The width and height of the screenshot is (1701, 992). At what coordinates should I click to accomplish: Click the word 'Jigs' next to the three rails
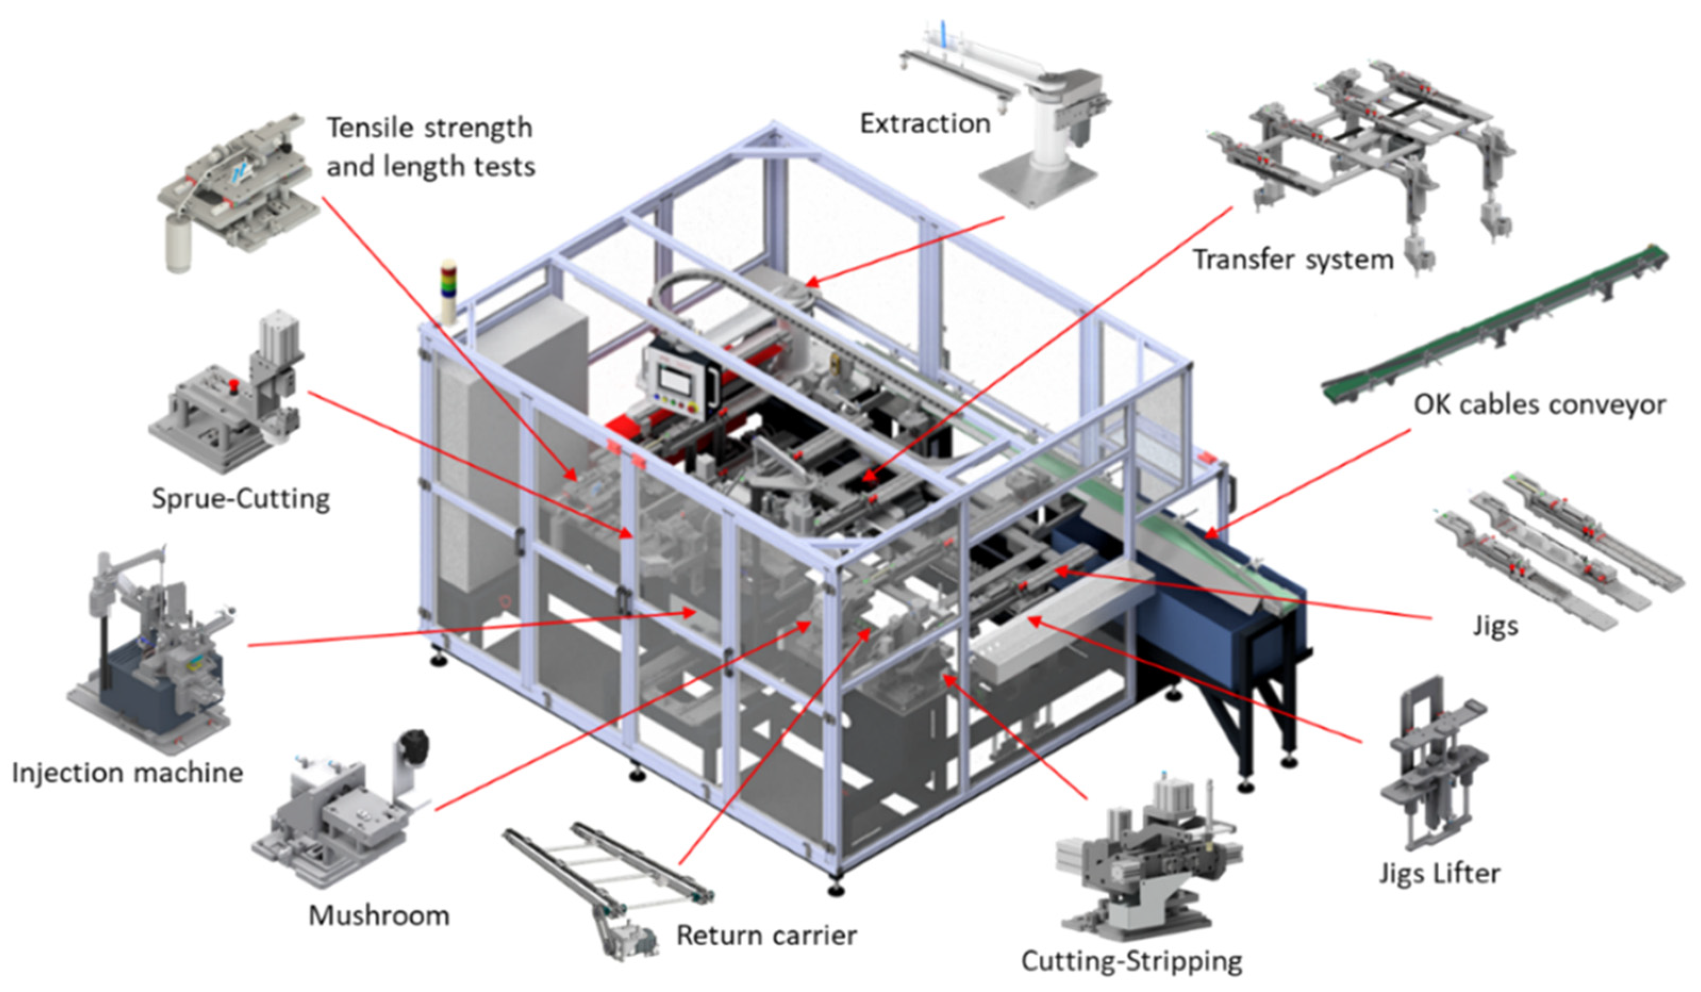pyautogui.click(x=1495, y=626)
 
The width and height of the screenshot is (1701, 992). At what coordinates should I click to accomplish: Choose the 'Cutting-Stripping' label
pyautogui.click(x=1131, y=960)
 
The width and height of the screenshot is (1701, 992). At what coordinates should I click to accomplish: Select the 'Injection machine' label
pyautogui.click(x=127, y=772)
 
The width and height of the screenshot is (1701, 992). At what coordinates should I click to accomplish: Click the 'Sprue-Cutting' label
pyautogui.click(x=240, y=499)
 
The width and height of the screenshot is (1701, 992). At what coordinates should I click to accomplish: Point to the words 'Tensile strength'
pyautogui.click(x=429, y=128)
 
